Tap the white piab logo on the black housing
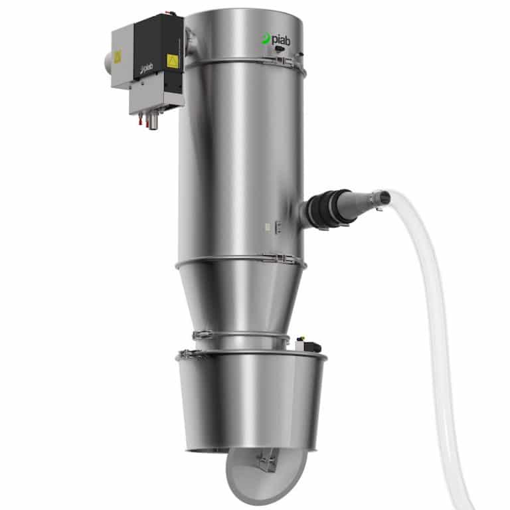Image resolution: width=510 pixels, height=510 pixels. [143, 69]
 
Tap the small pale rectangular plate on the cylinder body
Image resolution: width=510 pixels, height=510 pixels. [266, 227]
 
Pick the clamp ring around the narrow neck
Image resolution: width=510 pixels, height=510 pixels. [242, 336]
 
